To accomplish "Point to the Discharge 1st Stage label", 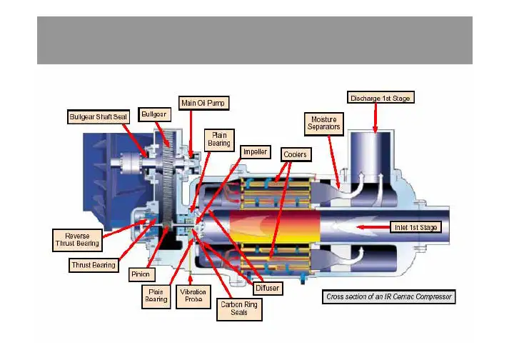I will tap(381, 98).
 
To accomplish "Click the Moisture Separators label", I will tap(323, 124).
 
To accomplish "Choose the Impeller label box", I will tap(255, 152).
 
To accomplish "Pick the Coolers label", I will tap(294, 153).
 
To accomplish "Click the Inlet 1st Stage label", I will tap(418, 227).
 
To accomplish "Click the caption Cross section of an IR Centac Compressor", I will tap(389, 296).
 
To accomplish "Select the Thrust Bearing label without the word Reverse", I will tap(94, 266).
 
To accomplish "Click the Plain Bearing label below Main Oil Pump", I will tap(218, 139).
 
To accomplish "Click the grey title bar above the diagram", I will tap(254, 40).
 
